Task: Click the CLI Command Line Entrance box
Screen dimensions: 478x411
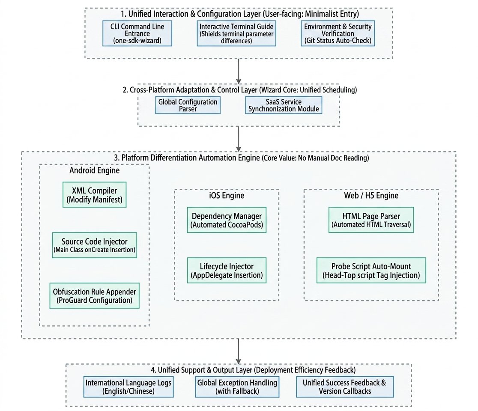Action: (137, 33)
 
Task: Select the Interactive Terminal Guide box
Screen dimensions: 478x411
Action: (236, 33)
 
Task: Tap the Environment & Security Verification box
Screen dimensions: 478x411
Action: (338, 33)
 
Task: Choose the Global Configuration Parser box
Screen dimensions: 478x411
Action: (188, 105)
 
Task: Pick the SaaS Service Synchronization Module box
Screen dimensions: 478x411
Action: (284, 105)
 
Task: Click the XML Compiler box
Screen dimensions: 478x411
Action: (95, 195)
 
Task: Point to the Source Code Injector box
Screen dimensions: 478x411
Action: (95, 245)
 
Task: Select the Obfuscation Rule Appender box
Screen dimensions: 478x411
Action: (95, 295)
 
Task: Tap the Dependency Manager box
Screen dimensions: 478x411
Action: (227, 220)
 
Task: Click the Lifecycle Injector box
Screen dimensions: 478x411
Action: (227, 270)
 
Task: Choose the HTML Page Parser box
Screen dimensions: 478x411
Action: (371, 220)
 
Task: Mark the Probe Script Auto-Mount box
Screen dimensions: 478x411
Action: (371, 270)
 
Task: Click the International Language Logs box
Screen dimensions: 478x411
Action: (128, 387)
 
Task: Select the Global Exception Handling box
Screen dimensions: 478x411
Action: (237, 387)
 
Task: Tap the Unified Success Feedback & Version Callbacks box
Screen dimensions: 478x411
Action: (345, 387)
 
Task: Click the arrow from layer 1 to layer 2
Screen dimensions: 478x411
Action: (239, 71)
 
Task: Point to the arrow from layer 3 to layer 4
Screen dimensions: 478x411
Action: (239, 351)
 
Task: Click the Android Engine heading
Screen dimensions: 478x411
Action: (95, 170)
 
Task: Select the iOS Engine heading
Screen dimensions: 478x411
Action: (227, 195)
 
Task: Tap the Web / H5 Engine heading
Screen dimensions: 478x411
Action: (371, 195)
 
